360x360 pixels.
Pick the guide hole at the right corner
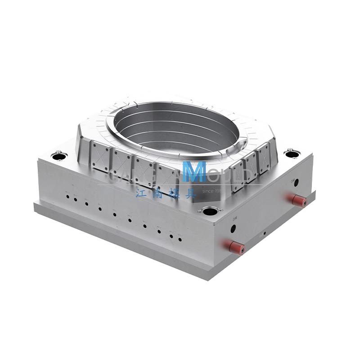(x=292, y=154)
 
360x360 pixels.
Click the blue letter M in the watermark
(x=195, y=171)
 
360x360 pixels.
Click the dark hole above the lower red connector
(x=233, y=229)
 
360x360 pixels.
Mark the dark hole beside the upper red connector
(x=296, y=182)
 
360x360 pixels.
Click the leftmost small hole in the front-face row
(x=67, y=196)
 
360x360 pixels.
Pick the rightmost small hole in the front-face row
(x=180, y=239)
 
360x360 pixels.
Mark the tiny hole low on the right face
(x=265, y=233)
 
